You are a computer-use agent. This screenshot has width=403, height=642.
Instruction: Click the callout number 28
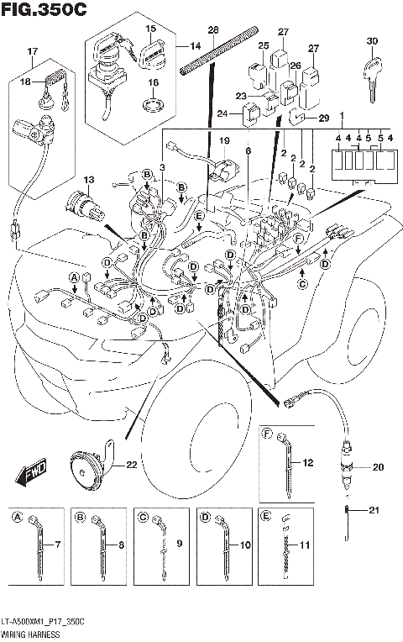click(213, 30)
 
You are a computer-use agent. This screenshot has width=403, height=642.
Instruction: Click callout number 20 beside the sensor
click(377, 467)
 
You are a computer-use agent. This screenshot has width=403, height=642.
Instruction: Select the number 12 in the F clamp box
click(308, 462)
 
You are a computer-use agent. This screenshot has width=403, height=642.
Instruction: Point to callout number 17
click(33, 51)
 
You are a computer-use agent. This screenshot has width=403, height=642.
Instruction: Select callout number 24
click(222, 113)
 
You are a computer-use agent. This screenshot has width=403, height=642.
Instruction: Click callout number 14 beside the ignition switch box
click(195, 45)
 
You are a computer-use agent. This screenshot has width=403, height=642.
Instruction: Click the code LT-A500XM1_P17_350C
click(49, 620)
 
